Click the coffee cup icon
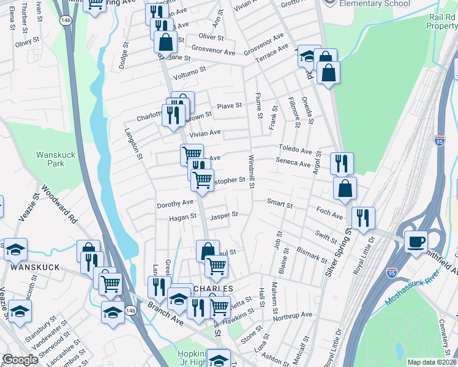click(416, 241)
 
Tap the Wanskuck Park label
click(56, 159)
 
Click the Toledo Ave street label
click(296, 150)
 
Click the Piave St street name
click(231, 106)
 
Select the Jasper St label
click(223, 215)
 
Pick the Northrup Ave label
click(293, 314)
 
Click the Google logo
click(20, 360)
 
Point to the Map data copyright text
click(432, 362)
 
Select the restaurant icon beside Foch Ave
click(363, 217)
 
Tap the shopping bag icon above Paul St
click(208, 251)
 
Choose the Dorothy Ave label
click(175, 203)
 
